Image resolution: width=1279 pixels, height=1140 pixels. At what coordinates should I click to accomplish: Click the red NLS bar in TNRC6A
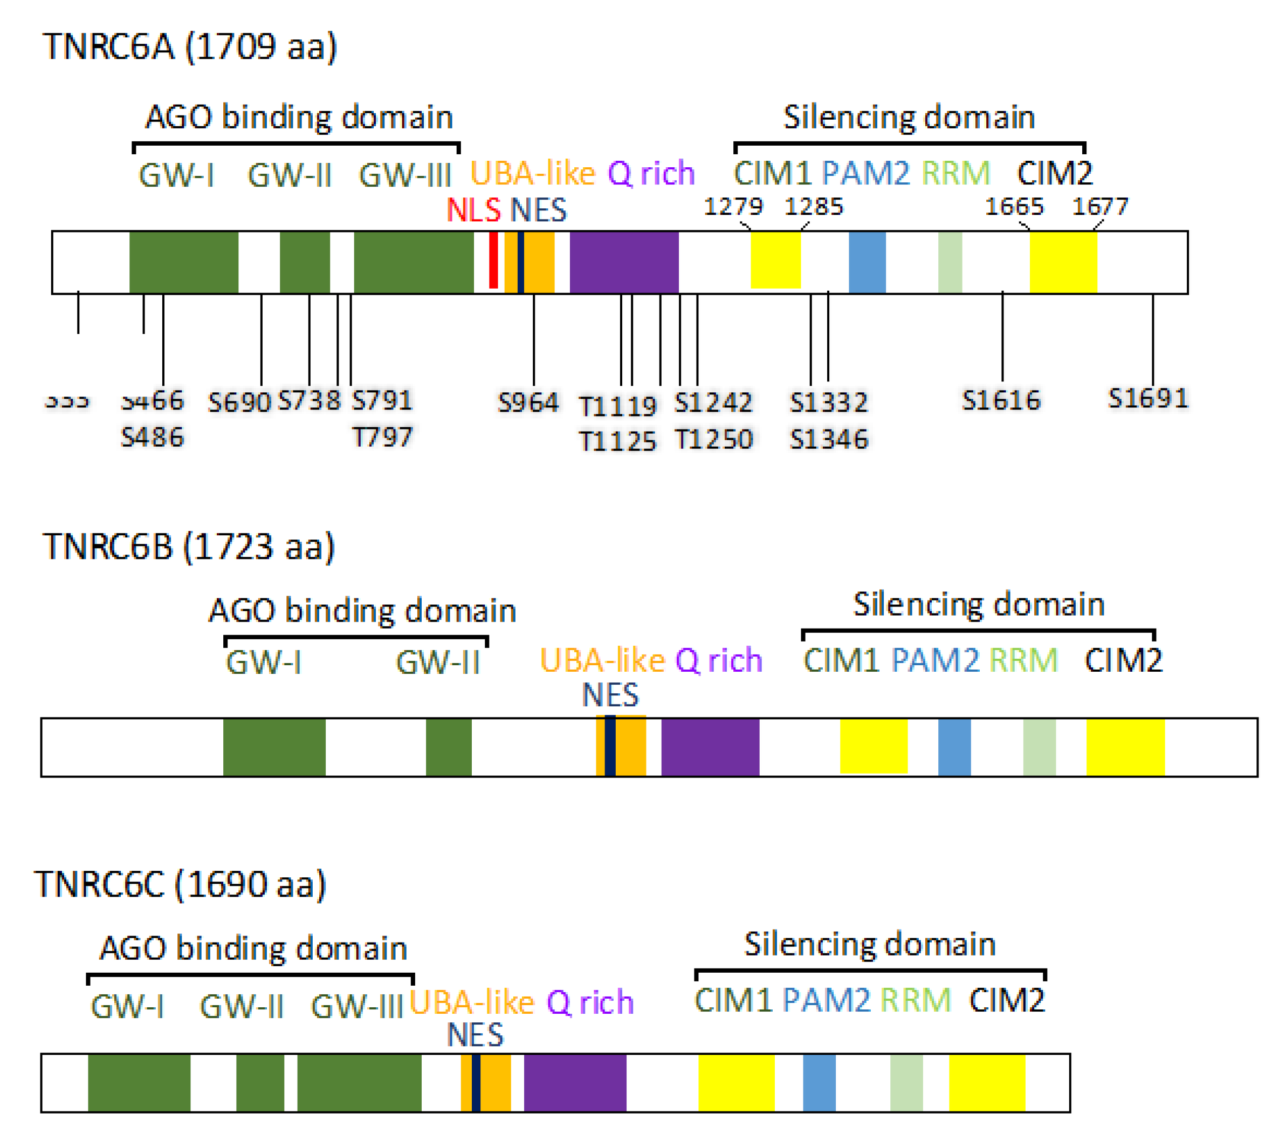[x=493, y=261]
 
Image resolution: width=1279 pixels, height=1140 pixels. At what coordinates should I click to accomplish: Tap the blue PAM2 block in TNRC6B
[x=954, y=747]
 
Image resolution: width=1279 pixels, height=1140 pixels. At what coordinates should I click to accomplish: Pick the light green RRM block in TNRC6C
[x=906, y=1082]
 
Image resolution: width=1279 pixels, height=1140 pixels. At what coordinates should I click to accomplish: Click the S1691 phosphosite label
[x=1147, y=398]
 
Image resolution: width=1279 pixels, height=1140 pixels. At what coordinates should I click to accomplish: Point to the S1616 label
[x=1000, y=400]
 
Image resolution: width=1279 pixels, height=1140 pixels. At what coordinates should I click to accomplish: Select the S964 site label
[x=528, y=402]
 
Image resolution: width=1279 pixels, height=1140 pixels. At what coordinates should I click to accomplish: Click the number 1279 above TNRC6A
[x=733, y=206]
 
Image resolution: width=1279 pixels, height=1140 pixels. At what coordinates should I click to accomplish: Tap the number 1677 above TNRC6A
[x=1100, y=206]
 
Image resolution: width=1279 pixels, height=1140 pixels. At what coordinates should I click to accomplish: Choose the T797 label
[x=382, y=436]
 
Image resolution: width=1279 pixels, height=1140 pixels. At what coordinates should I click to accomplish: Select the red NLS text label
[x=473, y=210]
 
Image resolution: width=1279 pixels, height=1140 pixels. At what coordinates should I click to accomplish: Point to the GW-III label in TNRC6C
[x=357, y=1007]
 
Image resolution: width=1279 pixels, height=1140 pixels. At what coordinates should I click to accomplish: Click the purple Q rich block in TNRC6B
[x=710, y=747]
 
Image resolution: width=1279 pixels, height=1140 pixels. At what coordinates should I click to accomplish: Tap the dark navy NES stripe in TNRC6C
[x=476, y=1082]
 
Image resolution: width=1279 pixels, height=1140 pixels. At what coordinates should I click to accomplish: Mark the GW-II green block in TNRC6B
[x=448, y=747]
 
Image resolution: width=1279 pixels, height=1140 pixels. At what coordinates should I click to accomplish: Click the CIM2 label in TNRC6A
[x=1054, y=174]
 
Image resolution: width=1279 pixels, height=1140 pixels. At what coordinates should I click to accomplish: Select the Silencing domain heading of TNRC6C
[x=870, y=944]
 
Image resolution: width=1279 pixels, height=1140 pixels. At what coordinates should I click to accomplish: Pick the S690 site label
[x=239, y=402]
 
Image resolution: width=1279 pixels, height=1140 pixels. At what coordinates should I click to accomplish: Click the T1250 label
[x=713, y=439]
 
